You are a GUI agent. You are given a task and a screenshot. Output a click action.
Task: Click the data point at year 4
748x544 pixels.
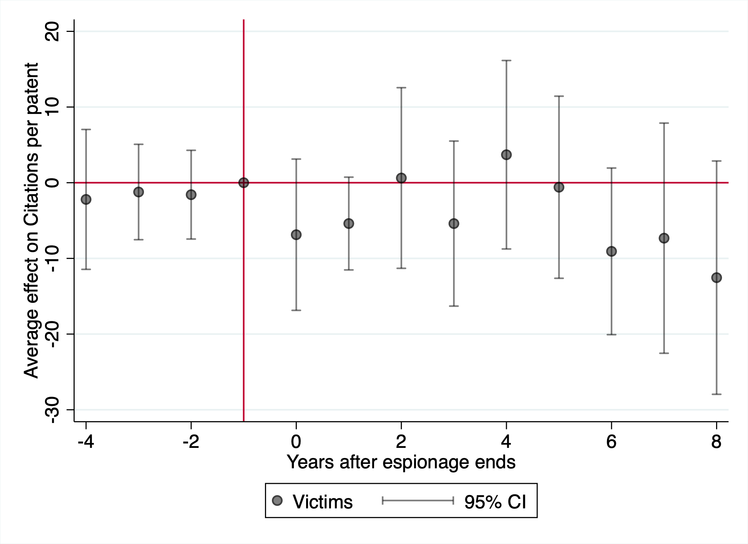click(x=506, y=155)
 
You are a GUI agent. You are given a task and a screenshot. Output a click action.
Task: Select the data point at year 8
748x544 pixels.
click(x=716, y=278)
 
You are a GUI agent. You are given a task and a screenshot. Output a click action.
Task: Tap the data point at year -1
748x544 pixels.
click(x=243, y=183)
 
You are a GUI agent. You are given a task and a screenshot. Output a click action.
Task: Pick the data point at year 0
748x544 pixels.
click(x=296, y=235)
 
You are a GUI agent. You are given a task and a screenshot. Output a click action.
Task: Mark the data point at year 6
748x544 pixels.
click(x=611, y=252)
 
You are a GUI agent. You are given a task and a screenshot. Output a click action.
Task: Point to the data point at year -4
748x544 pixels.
click(x=86, y=199)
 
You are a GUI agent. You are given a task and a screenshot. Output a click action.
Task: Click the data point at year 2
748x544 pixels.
click(x=401, y=178)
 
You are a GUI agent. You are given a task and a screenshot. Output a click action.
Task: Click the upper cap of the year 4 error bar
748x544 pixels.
click(x=506, y=60)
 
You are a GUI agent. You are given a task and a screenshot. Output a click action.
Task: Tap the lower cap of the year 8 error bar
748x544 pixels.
click(x=716, y=394)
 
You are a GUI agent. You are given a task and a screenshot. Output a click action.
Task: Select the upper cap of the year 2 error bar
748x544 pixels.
click(x=401, y=88)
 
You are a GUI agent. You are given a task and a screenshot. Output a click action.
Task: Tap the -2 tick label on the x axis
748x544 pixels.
click(x=191, y=442)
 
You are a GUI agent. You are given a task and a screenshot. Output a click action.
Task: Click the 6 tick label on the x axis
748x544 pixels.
click(x=611, y=442)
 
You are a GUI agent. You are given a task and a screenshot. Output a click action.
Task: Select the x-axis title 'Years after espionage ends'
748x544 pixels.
click(x=401, y=462)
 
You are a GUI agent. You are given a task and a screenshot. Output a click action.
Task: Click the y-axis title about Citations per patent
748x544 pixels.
click(x=31, y=220)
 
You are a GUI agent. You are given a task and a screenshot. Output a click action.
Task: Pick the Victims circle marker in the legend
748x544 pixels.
click(x=277, y=501)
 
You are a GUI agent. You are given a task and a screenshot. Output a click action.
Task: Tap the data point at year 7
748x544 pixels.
click(x=664, y=238)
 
